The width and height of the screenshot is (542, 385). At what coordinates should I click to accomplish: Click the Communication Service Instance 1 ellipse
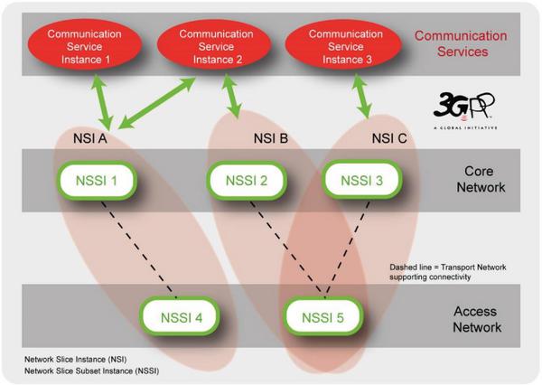[x=84, y=45]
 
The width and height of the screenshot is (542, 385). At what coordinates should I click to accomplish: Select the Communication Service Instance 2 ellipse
[x=214, y=45]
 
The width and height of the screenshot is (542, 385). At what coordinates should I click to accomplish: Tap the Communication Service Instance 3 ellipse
[x=343, y=45]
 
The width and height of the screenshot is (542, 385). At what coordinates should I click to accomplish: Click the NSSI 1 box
[x=97, y=181]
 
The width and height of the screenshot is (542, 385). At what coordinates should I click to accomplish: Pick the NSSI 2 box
[x=247, y=181]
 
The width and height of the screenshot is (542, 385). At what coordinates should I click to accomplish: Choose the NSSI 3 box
[x=362, y=181]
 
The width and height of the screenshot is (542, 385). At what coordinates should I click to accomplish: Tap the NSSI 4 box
[x=180, y=316]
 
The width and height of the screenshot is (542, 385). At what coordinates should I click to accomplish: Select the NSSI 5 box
[x=323, y=316]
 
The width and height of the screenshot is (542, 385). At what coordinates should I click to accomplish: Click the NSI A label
[x=89, y=138]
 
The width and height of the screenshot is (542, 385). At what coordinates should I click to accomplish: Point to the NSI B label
[x=271, y=138]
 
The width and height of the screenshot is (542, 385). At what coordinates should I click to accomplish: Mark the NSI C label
[x=389, y=138]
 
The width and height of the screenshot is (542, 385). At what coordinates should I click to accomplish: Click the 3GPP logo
[x=465, y=110]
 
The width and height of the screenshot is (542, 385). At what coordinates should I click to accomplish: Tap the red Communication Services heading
[x=461, y=43]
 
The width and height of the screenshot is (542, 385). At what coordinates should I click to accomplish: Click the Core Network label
[x=481, y=179]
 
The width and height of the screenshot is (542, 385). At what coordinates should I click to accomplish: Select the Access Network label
[x=477, y=319]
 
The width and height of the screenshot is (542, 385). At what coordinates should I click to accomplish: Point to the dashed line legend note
[x=448, y=272]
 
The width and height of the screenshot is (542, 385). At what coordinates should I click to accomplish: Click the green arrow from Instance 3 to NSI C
[x=361, y=97]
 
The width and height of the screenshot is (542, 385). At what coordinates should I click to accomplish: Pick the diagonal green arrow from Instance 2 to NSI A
[x=157, y=103]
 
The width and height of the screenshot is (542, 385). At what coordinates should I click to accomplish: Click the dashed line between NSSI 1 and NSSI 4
[x=138, y=249]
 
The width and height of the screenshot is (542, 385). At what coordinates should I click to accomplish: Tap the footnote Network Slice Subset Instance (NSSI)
[x=91, y=371]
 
